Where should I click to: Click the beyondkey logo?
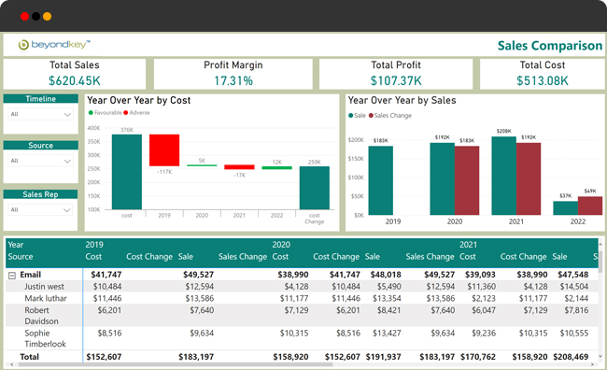click(x=52, y=44)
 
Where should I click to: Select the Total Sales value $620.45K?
click(x=75, y=80)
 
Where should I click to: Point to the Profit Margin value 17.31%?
click(x=233, y=80)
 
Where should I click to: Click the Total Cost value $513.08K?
click(x=542, y=80)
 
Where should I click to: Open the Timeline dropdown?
click(x=40, y=114)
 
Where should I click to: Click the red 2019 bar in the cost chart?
click(x=164, y=149)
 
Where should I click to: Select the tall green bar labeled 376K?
click(x=126, y=171)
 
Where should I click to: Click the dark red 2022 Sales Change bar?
click(x=588, y=206)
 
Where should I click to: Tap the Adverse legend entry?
click(x=138, y=112)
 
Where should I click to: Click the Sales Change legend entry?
click(x=392, y=116)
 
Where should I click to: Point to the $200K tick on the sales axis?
click(x=356, y=139)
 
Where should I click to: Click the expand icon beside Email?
click(x=11, y=275)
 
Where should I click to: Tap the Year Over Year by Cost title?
click(x=138, y=99)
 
